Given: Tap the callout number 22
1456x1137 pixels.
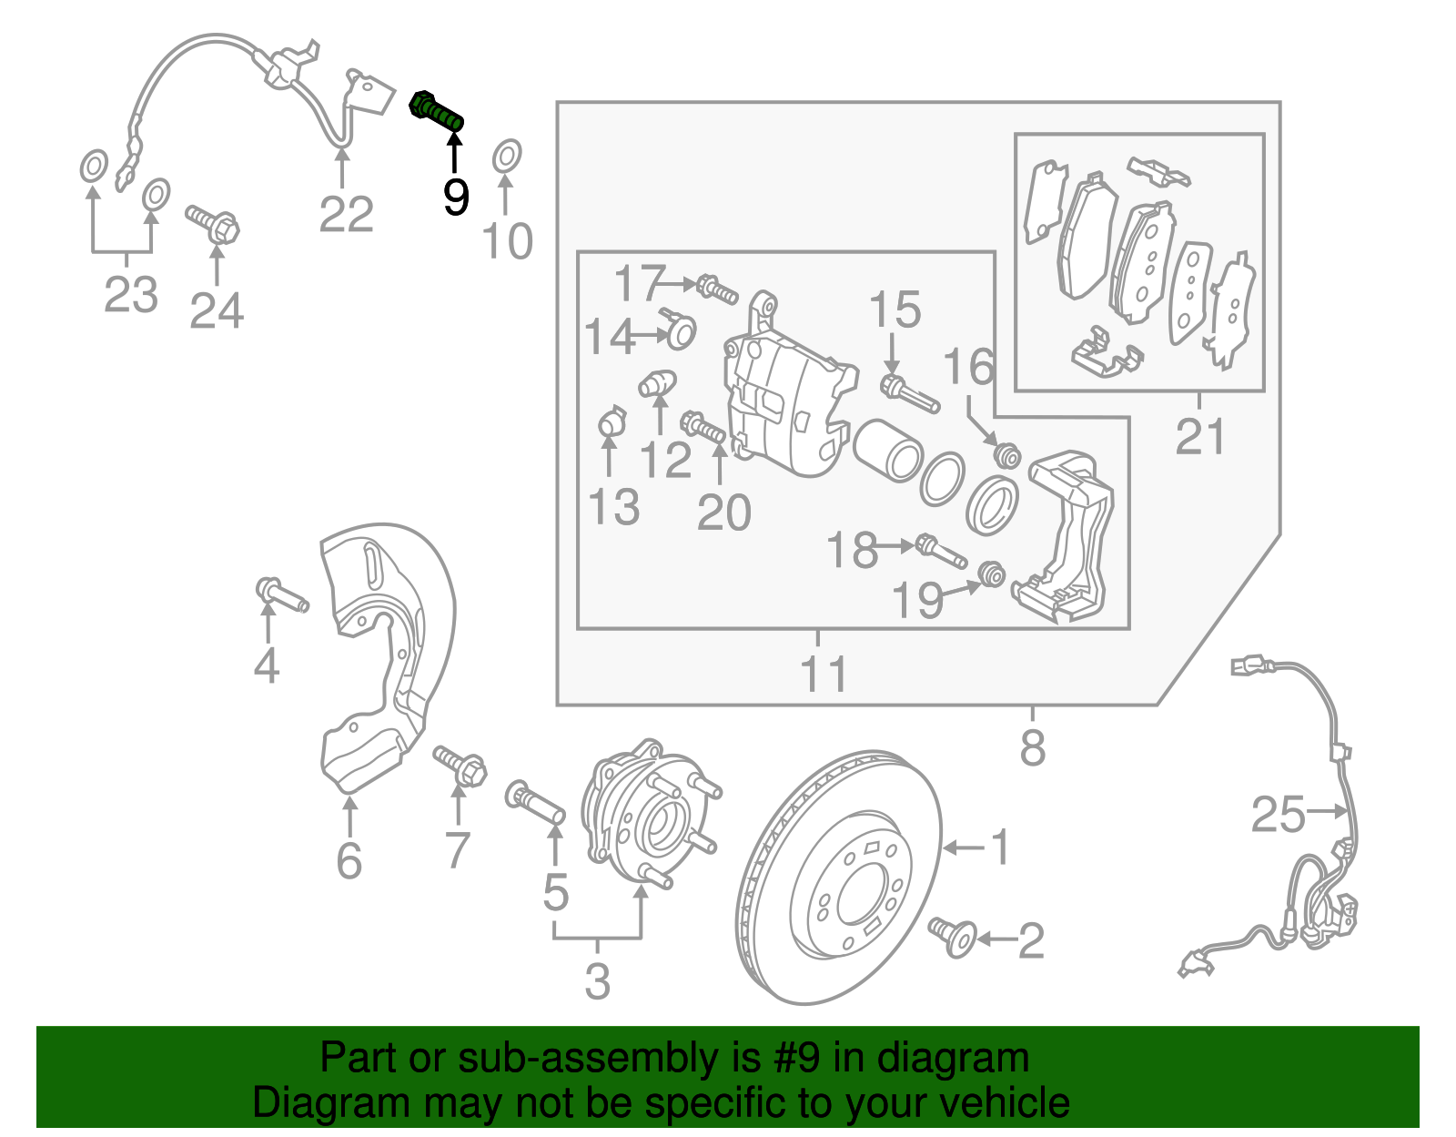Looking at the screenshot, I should pos(347,215).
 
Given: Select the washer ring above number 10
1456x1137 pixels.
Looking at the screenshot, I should pos(507,157).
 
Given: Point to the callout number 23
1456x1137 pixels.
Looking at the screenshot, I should pos(131,294).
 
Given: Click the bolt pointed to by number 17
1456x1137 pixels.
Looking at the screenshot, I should pos(717,290).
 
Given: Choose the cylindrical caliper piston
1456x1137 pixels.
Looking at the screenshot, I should pos(888,450).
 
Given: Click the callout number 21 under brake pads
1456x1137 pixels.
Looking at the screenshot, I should pos(1200,437).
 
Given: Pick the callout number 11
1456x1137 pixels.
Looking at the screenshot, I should pos(824,675).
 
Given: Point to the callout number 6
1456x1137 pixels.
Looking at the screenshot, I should pos(349,860).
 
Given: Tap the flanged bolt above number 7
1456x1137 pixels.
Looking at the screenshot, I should pos(461,767).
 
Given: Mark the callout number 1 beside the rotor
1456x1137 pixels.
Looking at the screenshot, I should pos(999,847).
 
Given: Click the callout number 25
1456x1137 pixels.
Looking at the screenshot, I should pos(1278,814).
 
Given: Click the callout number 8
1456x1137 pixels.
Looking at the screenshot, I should pos(1032,748).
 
